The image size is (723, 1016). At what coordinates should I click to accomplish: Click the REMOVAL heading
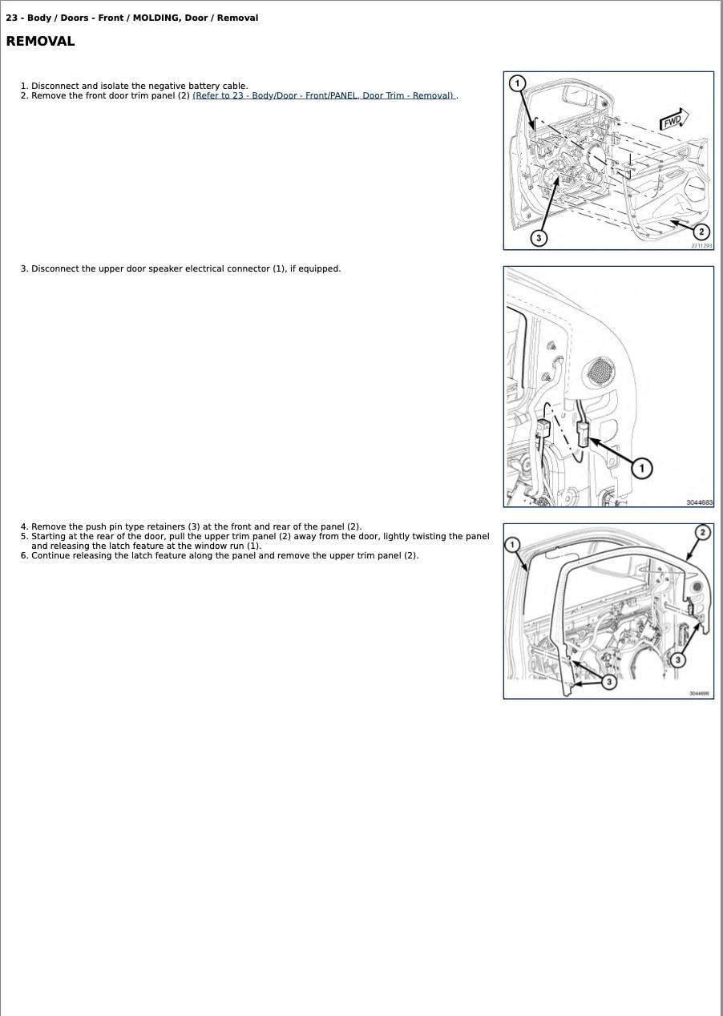pos(40,42)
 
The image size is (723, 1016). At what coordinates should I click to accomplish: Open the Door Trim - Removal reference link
pos(324,95)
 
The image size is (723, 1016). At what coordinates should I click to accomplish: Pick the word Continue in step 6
pos(50,555)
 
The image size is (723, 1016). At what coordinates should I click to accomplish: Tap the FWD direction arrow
pos(673,120)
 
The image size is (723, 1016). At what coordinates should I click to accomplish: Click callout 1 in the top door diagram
pos(518,83)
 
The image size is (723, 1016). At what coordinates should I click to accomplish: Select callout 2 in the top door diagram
pos(701,232)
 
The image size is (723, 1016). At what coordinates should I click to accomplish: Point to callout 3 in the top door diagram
pos(539,238)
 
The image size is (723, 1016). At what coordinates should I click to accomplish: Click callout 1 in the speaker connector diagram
pos(641,468)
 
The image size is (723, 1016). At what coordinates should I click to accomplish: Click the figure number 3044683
pos(698,502)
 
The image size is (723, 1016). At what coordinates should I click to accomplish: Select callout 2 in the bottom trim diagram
pos(702,533)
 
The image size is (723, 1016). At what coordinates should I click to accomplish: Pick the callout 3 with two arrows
pos(609,682)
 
